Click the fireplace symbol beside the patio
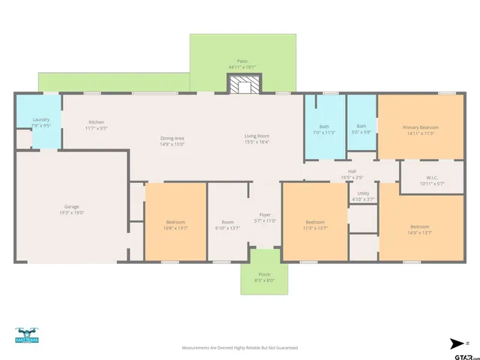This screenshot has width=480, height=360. (x=241, y=85)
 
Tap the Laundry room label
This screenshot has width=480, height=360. (x=40, y=120)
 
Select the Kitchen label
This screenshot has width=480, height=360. (x=96, y=122)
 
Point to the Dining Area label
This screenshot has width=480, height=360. (x=172, y=137)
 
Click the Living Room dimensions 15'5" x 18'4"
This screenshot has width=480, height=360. (x=256, y=142)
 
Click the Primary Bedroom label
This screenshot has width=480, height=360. (x=422, y=127)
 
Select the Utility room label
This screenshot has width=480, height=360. (x=363, y=193)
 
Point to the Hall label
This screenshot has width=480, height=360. (x=352, y=172)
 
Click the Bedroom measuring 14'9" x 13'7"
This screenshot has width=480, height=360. (x=419, y=226)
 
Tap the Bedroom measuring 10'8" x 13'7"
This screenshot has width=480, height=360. (x=175, y=223)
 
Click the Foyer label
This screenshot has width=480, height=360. (x=265, y=214)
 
